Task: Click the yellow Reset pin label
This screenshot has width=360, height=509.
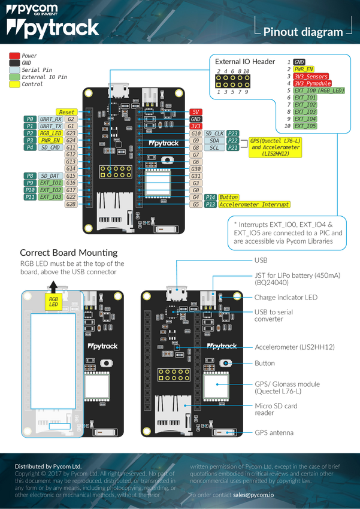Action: point(66,112)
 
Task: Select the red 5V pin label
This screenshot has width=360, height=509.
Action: point(195,112)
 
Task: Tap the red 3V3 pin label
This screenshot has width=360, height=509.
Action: point(195,126)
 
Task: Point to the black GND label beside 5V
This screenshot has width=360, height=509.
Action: point(195,119)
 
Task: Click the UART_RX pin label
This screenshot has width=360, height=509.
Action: point(50,119)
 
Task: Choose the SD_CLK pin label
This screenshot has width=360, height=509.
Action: point(214,133)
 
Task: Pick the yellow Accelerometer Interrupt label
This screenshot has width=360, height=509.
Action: point(254,204)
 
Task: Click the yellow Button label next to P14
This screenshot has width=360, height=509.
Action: point(228,197)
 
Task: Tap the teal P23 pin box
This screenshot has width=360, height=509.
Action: point(234,133)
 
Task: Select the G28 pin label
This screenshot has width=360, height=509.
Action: point(71,204)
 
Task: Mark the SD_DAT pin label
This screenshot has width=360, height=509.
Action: point(50,175)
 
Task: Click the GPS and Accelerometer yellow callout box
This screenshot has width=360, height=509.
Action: point(275,147)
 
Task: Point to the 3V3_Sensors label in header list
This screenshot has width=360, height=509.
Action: point(311,77)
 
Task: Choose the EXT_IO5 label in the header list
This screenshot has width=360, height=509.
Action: point(305,126)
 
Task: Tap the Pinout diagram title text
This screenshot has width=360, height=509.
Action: point(303,32)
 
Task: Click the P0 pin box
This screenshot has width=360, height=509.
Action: point(29,119)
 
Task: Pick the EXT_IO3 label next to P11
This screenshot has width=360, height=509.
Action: point(50,197)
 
